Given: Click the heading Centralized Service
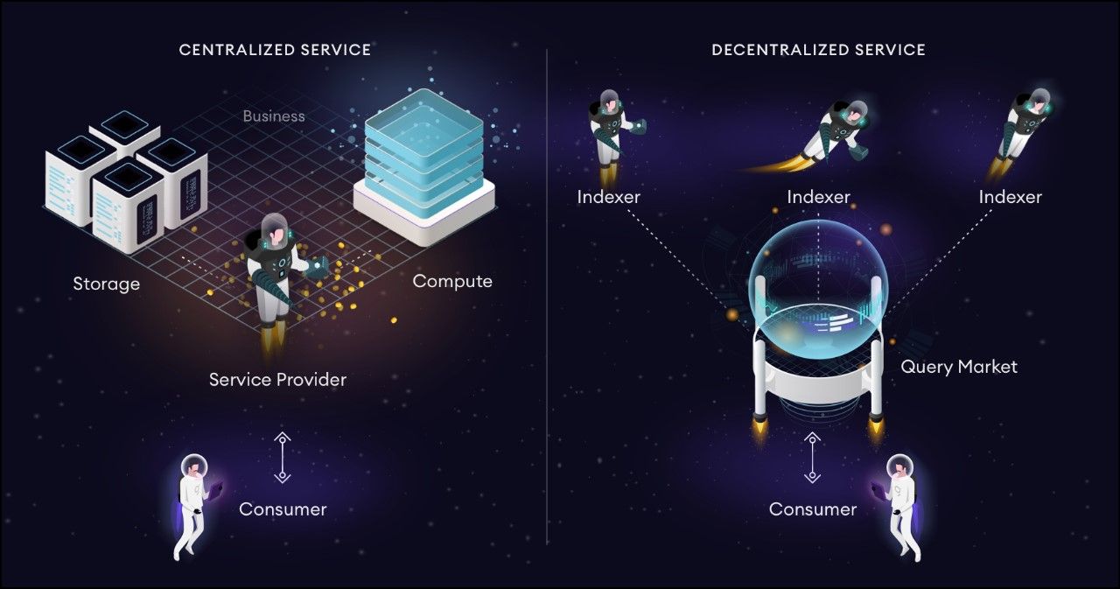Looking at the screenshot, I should coord(275,50).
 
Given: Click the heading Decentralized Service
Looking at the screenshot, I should coord(818,50).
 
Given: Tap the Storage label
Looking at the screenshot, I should coord(106,284).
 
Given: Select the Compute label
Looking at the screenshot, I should coord(452,281).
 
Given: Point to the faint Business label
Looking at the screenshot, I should coord(274,116).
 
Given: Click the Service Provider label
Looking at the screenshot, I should coord(277,380).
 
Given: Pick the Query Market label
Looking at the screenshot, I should coord(959,367).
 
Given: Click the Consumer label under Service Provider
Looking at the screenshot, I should coord(283,509).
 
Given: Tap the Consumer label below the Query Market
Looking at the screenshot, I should coord(813,509).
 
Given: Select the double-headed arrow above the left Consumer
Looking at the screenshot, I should coord(282,457).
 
